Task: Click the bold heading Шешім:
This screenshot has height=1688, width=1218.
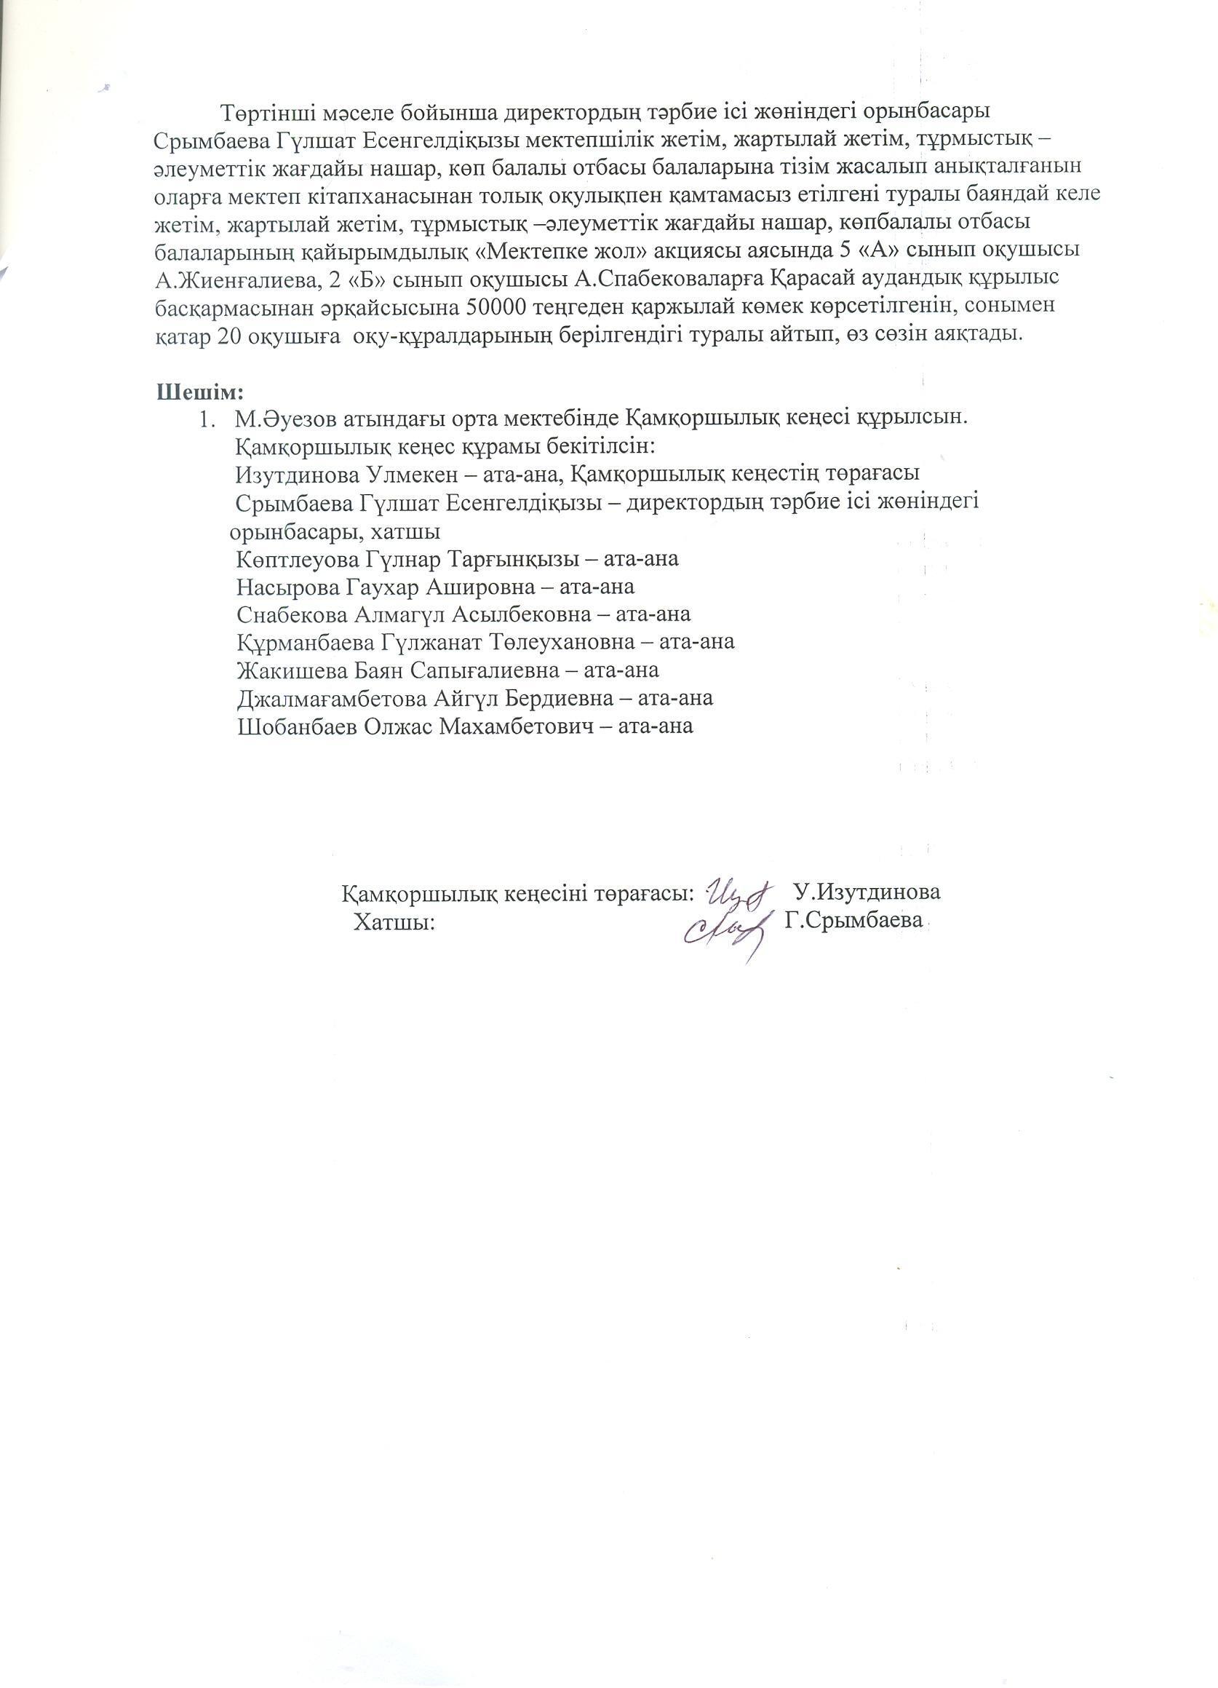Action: point(200,391)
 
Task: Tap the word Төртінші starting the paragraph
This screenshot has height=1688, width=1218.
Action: point(266,112)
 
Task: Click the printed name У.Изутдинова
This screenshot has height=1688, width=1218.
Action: point(866,892)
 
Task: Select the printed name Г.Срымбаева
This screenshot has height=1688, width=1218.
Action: point(853,920)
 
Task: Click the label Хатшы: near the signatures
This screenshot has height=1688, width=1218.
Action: point(394,923)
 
